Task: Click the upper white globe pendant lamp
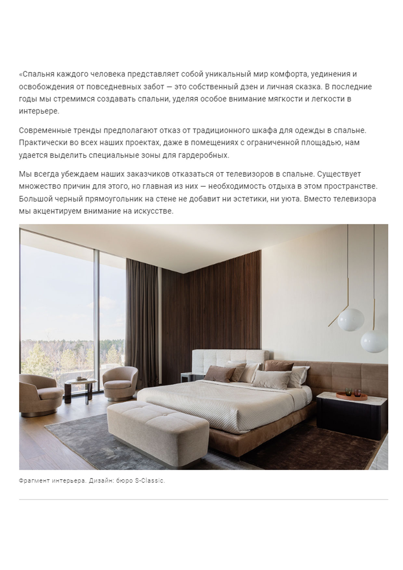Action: coord(350,320)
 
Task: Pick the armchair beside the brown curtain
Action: coord(120,383)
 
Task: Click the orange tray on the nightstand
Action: coord(352,396)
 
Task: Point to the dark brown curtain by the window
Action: coord(143,315)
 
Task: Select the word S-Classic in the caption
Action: coord(150,481)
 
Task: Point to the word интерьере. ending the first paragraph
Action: coord(39,111)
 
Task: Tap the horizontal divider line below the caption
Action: coord(203,499)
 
